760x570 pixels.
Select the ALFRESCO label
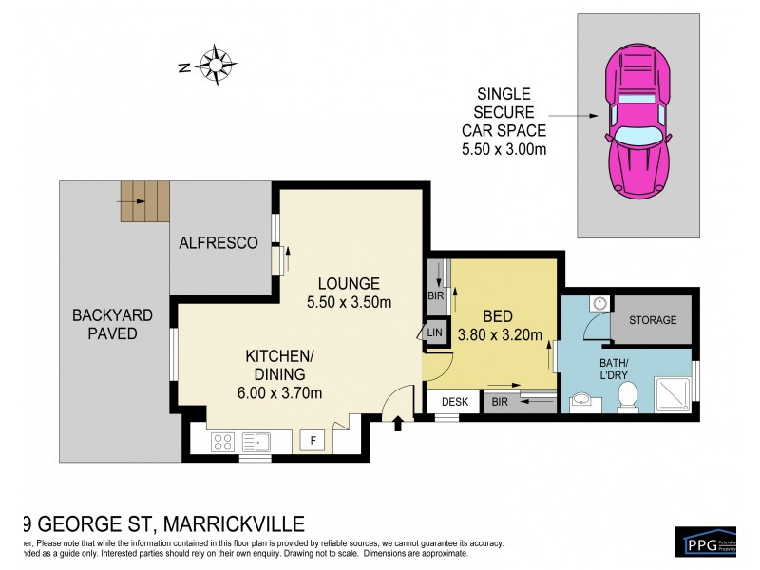pos(218,243)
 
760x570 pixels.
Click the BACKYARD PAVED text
pos(105,324)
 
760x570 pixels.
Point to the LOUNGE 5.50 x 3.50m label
pos(350,293)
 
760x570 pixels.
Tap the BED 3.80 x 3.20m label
pos(499,325)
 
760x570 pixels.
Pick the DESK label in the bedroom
pos(455,403)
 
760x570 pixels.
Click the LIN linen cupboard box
pos(435,332)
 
